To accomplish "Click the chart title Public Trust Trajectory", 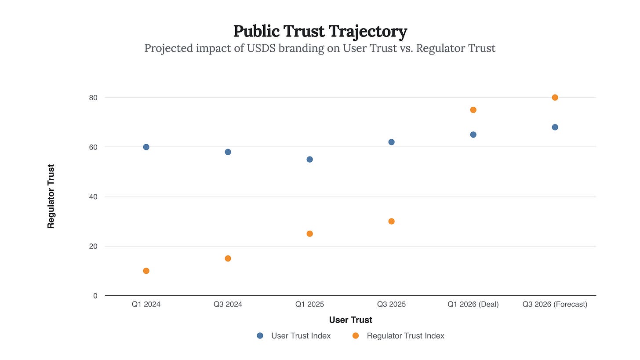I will tap(320, 32).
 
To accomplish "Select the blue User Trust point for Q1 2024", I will tap(146, 147).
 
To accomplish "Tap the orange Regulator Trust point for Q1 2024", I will tap(146, 271).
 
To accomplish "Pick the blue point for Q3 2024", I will tap(228, 152).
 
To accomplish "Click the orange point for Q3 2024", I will tap(228, 258).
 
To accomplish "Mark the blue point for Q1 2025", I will tap(309, 159).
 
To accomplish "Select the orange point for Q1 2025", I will tap(309, 234).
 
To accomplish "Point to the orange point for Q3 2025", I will tap(391, 221).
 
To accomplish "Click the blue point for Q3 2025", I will tap(391, 142).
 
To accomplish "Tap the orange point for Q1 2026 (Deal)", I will tap(473, 110).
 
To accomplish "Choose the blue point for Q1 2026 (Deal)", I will tap(473, 135).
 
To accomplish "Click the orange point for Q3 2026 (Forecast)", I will tap(555, 98).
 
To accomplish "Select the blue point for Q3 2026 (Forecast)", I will tap(555, 127).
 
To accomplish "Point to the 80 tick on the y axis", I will tap(93, 98).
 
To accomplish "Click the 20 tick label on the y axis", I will tap(93, 246).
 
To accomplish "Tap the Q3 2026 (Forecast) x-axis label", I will tap(555, 304).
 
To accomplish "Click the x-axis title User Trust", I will tap(350, 320).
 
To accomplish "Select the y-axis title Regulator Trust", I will tap(51, 196).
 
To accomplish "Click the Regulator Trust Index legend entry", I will tap(405, 336).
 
